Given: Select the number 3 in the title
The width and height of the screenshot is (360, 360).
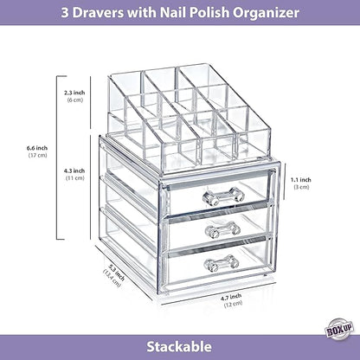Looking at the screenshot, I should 63,13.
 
